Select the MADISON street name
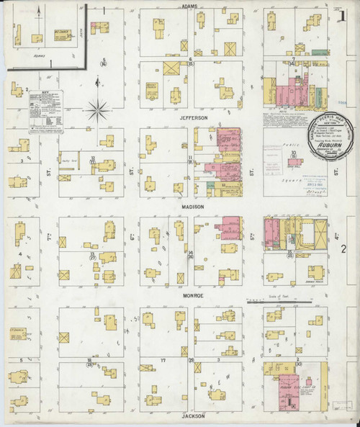(192, 207)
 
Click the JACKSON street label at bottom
(193, 416)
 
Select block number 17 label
(163, 360)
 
